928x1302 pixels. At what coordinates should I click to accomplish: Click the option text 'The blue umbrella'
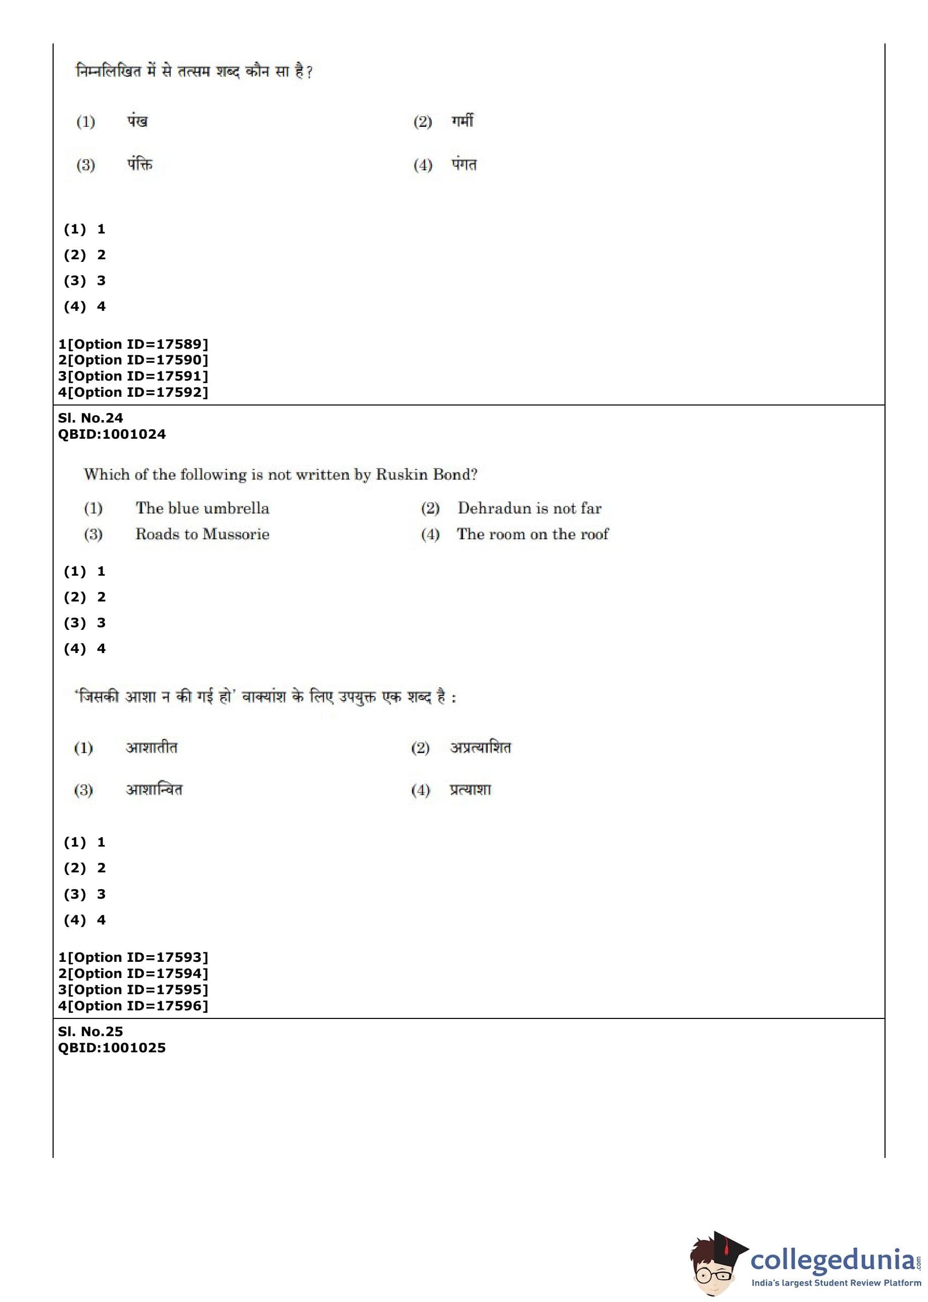202,508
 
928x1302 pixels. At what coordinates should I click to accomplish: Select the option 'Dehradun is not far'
529,508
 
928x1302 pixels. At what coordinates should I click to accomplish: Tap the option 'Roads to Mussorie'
202,534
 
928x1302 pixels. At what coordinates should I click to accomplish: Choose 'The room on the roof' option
533,534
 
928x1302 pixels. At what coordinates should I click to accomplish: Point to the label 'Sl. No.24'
90,417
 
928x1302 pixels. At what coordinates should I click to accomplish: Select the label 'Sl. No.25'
90,1031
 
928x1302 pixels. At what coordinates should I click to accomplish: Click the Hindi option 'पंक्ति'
140,165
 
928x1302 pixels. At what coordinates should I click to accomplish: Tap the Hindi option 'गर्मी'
462,121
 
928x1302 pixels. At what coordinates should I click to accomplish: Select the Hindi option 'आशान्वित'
154,789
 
